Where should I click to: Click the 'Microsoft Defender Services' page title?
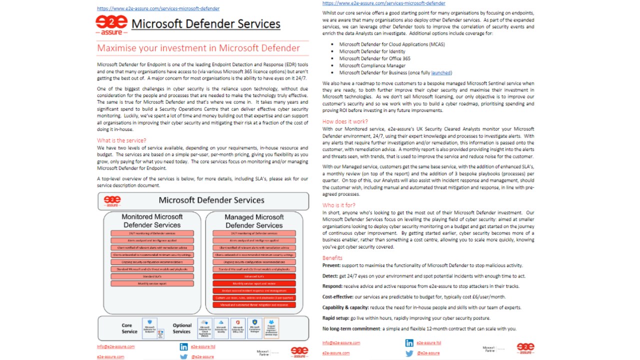click(205, 24)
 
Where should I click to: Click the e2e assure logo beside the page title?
click(111, 24)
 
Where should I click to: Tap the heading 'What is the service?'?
click(121, 140)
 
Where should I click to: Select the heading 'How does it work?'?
click(345, 121)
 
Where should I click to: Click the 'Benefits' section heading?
click(332, 258)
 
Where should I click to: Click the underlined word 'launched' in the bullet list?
click(441, 73)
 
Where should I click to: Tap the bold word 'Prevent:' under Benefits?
click(332, 265)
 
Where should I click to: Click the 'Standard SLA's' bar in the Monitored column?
click(152, 276)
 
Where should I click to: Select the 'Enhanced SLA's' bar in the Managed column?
click(254, 276)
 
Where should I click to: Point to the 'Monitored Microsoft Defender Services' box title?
click(152, 221)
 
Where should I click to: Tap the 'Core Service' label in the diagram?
click(129, 328)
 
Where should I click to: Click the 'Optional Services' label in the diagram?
click(181, 328)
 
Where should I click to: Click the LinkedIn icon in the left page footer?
click(183, 346)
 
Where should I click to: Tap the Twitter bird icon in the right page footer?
click(409, 353)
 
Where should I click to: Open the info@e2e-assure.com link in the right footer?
click(341, 343)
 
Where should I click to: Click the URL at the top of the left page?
click(158, 8)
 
